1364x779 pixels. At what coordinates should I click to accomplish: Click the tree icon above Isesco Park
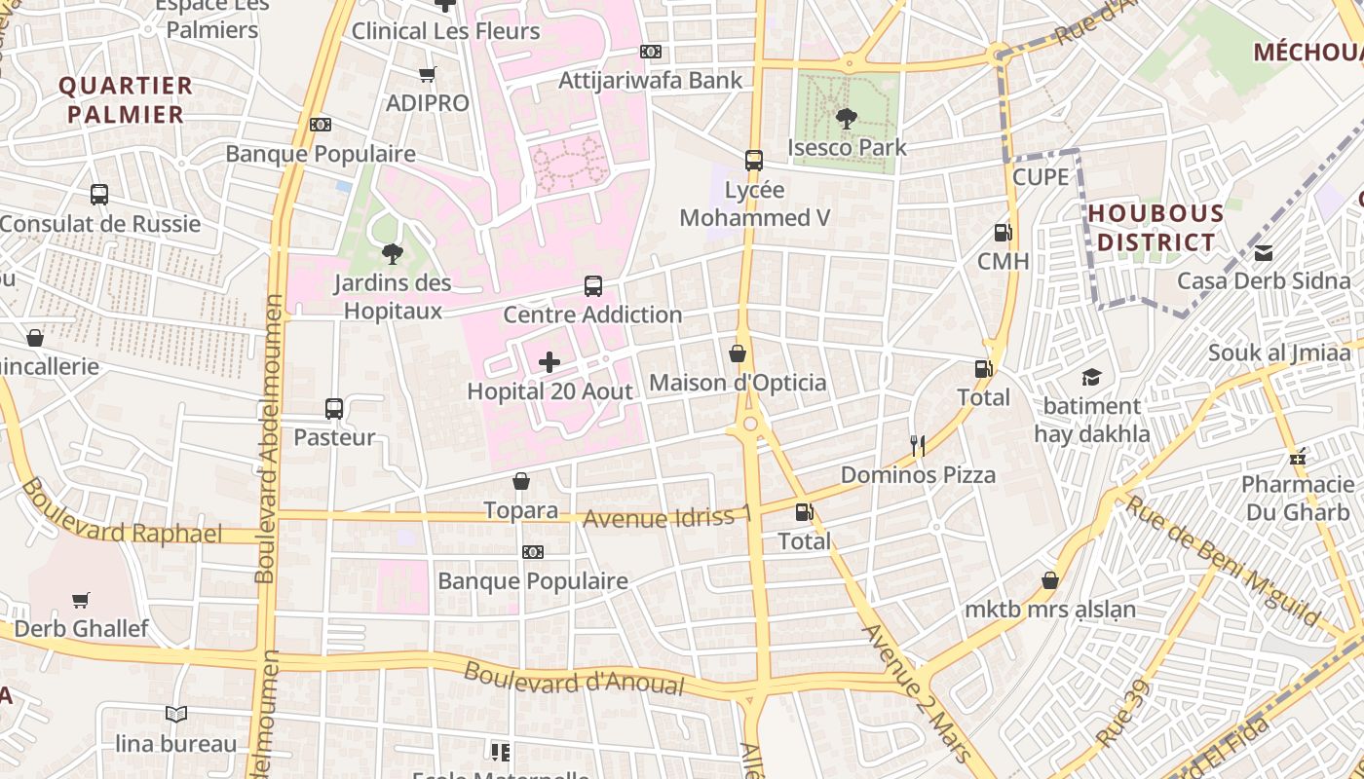click(x=846, y=119)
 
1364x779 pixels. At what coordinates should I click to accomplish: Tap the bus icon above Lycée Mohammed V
click(x=753, y=161)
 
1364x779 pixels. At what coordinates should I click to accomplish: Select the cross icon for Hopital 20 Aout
click(x=549, y=363)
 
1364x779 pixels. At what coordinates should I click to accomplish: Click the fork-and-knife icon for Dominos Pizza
click(x=917, y=446)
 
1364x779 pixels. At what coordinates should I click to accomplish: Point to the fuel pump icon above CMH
click(x=1003, y=233)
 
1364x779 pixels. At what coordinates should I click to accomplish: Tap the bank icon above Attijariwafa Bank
click(x=650, y=52)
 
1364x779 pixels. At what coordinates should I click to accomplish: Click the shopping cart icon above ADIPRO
click(x=427, y=74)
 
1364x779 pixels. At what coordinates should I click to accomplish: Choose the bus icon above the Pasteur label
click(x=334, y=409)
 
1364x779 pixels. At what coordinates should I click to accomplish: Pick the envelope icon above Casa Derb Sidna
click(x=1264, y=253)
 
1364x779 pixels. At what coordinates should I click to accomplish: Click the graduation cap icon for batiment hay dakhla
click(x=1091, y=377)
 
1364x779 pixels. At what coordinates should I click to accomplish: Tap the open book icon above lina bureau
click(x=175, y=715)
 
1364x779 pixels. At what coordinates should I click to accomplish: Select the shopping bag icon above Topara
click(x=521, y=481)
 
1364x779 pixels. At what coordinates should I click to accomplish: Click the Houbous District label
click(x=1156, y=228)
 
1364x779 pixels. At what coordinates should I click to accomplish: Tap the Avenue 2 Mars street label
click(x=917, y=692)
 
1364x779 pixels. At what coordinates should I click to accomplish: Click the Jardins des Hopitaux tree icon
click(x=393, y=254)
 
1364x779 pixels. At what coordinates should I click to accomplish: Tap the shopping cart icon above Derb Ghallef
click(x=81, y=600)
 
